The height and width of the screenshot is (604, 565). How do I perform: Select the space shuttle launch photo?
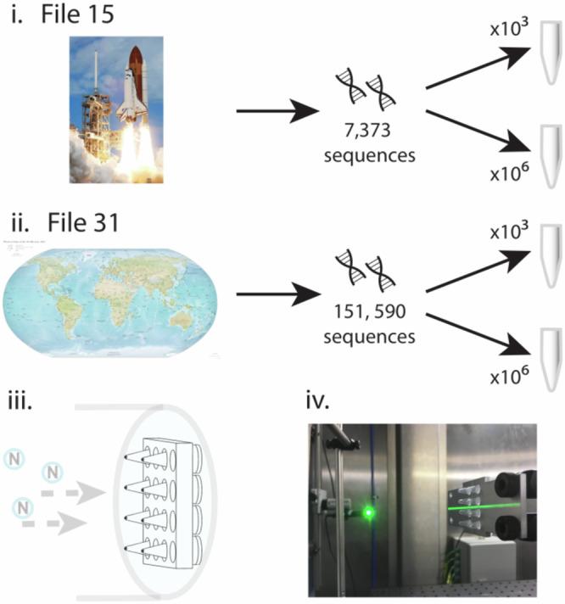click(x=115, y=109)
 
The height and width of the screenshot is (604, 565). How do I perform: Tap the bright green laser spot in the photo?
click(x=368, y=512)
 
